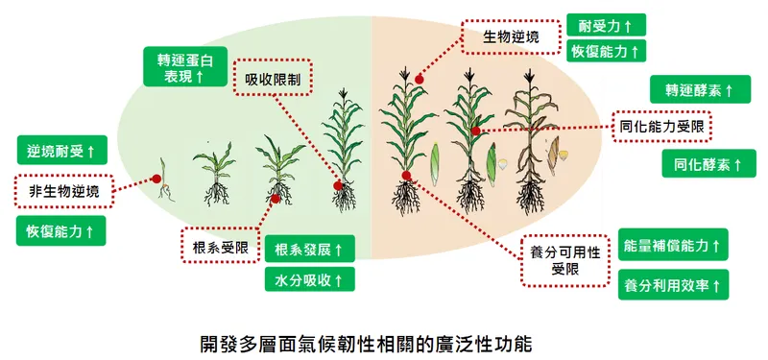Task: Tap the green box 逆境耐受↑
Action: [x=61, y=152]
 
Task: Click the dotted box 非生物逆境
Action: [x=63, y=191]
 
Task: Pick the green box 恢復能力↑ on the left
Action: [x=61, y=231]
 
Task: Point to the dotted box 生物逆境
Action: [x=509, y=37]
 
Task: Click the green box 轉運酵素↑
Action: [x=700, y=90]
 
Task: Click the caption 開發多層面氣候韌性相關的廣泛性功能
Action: [x=365, y=341]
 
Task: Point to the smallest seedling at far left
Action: [x=166, y=187]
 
